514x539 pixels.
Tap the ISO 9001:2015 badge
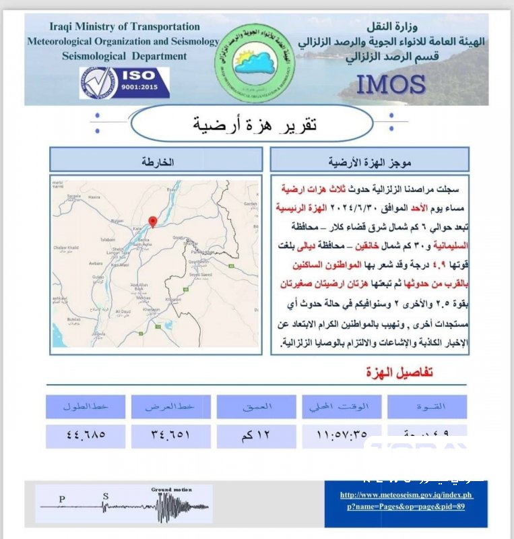click(125, 82)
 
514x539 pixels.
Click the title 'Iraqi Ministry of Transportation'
click(125, 27)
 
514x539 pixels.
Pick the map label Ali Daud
click(122, 312)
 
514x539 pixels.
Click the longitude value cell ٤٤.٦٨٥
click(86, 435)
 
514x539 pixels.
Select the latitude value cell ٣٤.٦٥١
click(171, 435)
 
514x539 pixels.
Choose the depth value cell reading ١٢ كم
click(257, 435)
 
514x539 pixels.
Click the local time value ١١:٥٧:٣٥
click(342, 435)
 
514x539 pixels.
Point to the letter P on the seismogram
click(62, 499)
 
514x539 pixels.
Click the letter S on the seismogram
click(105, 497)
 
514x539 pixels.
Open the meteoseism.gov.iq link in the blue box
click(406, 500)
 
